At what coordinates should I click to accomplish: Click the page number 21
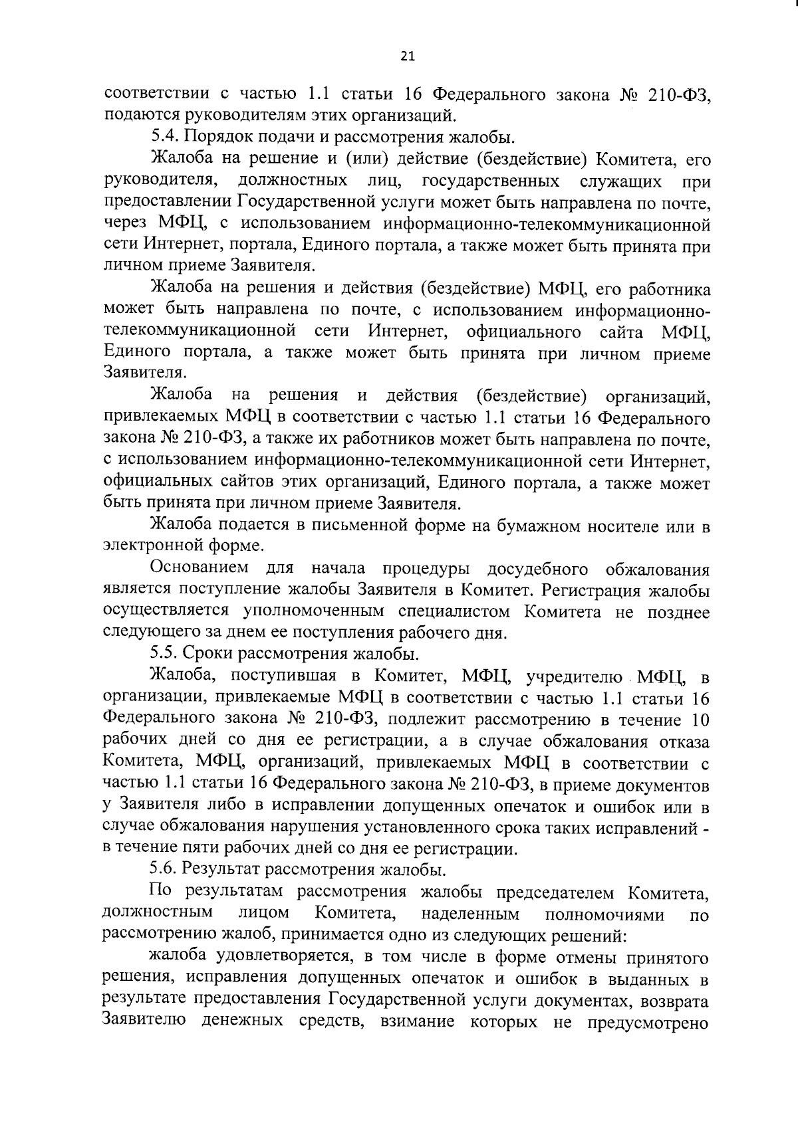coord(408,57)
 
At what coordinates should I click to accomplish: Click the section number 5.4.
coord(164,138)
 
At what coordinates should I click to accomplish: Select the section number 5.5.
coord(164,654)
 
